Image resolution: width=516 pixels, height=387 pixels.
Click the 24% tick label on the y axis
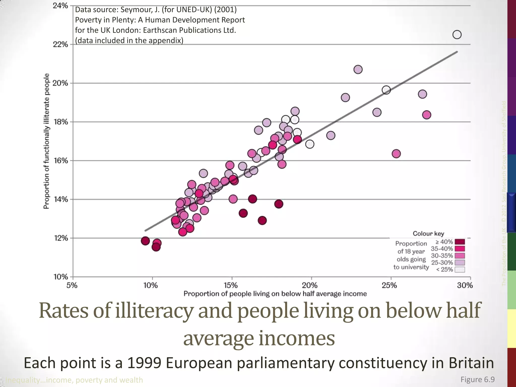pos(60,6)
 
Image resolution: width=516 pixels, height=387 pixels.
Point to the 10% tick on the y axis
pos(61,277)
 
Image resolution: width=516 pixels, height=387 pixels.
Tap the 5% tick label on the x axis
pos(72,285)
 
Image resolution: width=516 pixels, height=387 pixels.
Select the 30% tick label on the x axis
pos(465,285)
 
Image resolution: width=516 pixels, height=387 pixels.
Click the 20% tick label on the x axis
pos(310,285)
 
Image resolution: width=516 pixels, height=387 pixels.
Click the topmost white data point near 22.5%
pos(457,35)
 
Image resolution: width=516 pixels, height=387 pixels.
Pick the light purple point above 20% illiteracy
pos(358,69)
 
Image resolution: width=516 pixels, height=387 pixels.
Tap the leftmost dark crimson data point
pos(145,241)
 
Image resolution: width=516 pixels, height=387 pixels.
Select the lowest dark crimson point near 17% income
pos(262,220)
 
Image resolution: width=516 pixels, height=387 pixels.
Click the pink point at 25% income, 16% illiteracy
pos(396,153)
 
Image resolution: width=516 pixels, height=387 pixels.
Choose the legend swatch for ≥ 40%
pos(460,242)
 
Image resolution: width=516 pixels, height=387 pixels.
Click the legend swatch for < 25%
pos(460,270)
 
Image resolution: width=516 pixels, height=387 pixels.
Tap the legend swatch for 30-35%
pos(460,256)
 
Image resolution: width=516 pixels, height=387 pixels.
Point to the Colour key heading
pos(428,234)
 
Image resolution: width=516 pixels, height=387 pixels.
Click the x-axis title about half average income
pos(275,294)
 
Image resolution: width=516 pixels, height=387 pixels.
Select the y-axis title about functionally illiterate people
pos(46,141)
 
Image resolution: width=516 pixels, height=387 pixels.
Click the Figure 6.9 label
pos(477,379)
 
